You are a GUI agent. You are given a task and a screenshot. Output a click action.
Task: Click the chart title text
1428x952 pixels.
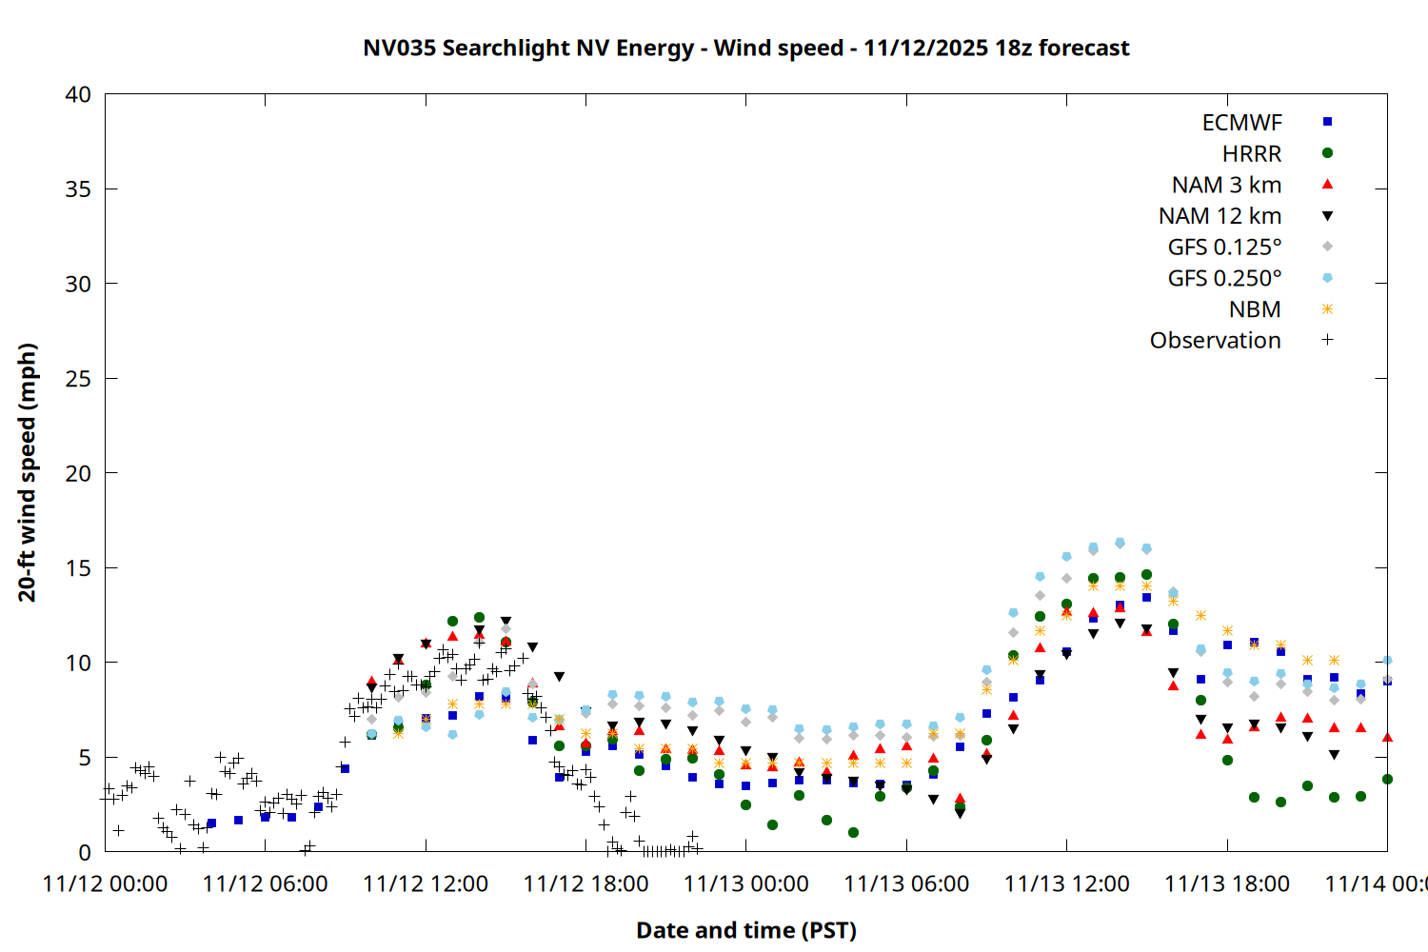746,48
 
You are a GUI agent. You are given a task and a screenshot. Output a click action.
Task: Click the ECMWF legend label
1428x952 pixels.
1241,123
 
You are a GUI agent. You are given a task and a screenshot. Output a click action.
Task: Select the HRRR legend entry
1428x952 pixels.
1252,154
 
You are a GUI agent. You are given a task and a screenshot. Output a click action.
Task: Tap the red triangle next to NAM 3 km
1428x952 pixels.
1327,184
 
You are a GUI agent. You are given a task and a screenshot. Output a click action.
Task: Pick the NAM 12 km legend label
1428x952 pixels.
1220,216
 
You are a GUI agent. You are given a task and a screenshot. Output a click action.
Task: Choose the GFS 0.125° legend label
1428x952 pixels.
1224,248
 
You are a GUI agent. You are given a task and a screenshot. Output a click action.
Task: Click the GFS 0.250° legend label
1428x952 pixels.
1224,279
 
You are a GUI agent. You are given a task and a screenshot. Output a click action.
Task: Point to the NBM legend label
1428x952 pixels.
1255,309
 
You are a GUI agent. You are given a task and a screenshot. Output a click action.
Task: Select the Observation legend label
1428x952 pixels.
1215,341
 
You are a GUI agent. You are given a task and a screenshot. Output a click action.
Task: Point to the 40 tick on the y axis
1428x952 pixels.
78,94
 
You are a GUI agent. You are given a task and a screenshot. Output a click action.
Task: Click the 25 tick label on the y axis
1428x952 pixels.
78,379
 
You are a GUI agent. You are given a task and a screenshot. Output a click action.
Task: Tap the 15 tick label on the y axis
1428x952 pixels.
78,568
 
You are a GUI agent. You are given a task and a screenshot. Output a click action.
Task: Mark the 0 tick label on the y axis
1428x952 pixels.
85,852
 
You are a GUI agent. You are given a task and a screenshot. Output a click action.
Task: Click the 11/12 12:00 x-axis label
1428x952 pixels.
426,883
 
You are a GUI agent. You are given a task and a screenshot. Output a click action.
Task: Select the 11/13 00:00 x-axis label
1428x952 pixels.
746,883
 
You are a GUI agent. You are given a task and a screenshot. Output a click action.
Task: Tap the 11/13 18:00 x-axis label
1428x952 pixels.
1227,883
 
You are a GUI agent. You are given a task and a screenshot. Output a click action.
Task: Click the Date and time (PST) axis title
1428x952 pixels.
746,930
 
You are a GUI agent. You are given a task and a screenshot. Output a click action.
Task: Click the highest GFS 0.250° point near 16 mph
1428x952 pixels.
1120,543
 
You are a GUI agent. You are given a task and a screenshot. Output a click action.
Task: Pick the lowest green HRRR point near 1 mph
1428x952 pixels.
853,832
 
